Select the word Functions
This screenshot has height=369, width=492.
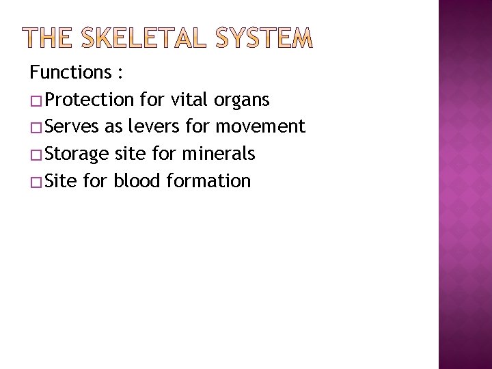pyautogui.click(x=66, y=72)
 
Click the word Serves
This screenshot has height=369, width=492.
pyautogui.click(x=73, y=126)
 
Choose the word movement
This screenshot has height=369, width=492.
pyautogui.click(x=260, y=126)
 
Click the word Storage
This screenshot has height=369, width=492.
pyautogui.click(x=77, y=154)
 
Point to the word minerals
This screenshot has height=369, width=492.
pyautogui.click(x=219, y=154)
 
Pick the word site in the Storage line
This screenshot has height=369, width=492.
pyautogui.click(x=127, y=154)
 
